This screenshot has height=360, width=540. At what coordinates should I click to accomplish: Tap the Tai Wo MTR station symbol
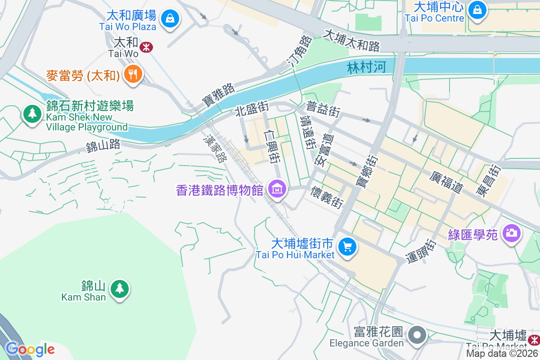tap(146, 47)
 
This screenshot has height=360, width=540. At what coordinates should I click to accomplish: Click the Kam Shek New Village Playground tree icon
tap(32, 113)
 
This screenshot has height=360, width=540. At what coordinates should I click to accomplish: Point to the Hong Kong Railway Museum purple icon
tap(276, 189)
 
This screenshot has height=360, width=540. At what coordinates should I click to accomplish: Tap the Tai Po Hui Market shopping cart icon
tap(347, 247)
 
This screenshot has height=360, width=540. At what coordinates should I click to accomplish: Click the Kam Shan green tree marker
tap(119, 288)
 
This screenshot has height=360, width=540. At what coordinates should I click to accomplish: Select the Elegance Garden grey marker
tap(418, 335)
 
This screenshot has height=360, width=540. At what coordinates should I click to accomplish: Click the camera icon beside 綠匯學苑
tap(512, 233)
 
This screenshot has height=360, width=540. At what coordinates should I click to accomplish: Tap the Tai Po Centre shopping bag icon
tap(477, 9)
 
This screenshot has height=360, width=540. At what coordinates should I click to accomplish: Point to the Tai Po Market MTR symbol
tap(535, 338)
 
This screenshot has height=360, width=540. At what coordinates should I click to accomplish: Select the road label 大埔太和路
tap(352, 40)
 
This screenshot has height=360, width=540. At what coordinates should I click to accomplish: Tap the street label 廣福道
tap(446, 182)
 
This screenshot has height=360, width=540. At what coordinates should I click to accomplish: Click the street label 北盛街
tap(252, 109)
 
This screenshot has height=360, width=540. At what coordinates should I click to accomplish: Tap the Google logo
tap(30, 349)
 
